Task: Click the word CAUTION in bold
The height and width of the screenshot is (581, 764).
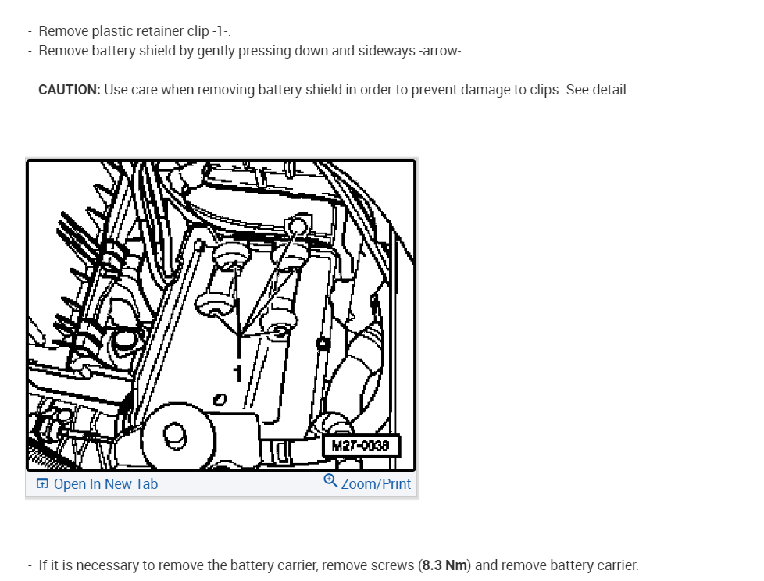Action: coord(70,90)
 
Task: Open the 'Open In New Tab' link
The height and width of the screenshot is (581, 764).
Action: coord(105,484)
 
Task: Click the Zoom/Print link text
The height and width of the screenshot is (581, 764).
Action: coord(376,484)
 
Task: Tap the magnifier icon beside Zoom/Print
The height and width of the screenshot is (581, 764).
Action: coord(330,481)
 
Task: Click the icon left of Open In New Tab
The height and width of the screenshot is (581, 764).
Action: coord(42,483)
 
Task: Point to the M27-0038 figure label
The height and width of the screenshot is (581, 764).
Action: coord(361,446)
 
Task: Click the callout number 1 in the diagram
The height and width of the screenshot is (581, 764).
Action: coord(237,374)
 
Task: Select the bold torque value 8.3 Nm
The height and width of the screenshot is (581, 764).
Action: coord(444,565)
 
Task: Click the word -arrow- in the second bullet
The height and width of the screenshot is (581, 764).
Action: coord(440,51)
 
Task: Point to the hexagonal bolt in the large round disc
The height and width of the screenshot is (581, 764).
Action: coord(174,436)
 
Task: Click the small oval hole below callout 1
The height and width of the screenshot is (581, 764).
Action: coord(220,400)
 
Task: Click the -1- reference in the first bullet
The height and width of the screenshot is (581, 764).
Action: coord(220,31)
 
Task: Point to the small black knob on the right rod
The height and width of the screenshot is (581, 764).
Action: coord(323,344)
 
